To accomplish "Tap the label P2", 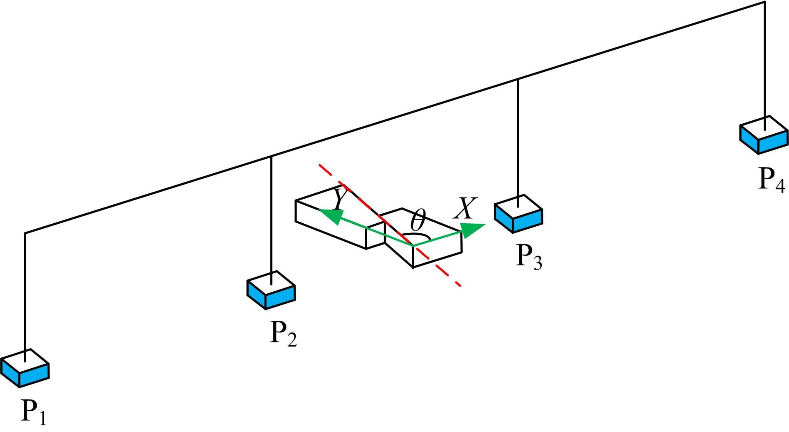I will pyautogui.click(x=283, y=333).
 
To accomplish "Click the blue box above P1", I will pyautogui.click(x=25, y=369).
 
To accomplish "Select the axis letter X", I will pyautogui.click(x=464, y=208).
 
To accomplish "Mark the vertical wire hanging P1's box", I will pyautogui.click(x=25, y=292).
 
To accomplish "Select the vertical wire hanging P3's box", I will pyautogui.click(x=518, y=137).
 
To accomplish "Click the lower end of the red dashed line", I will pyautogui.click(x=460, y=285).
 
